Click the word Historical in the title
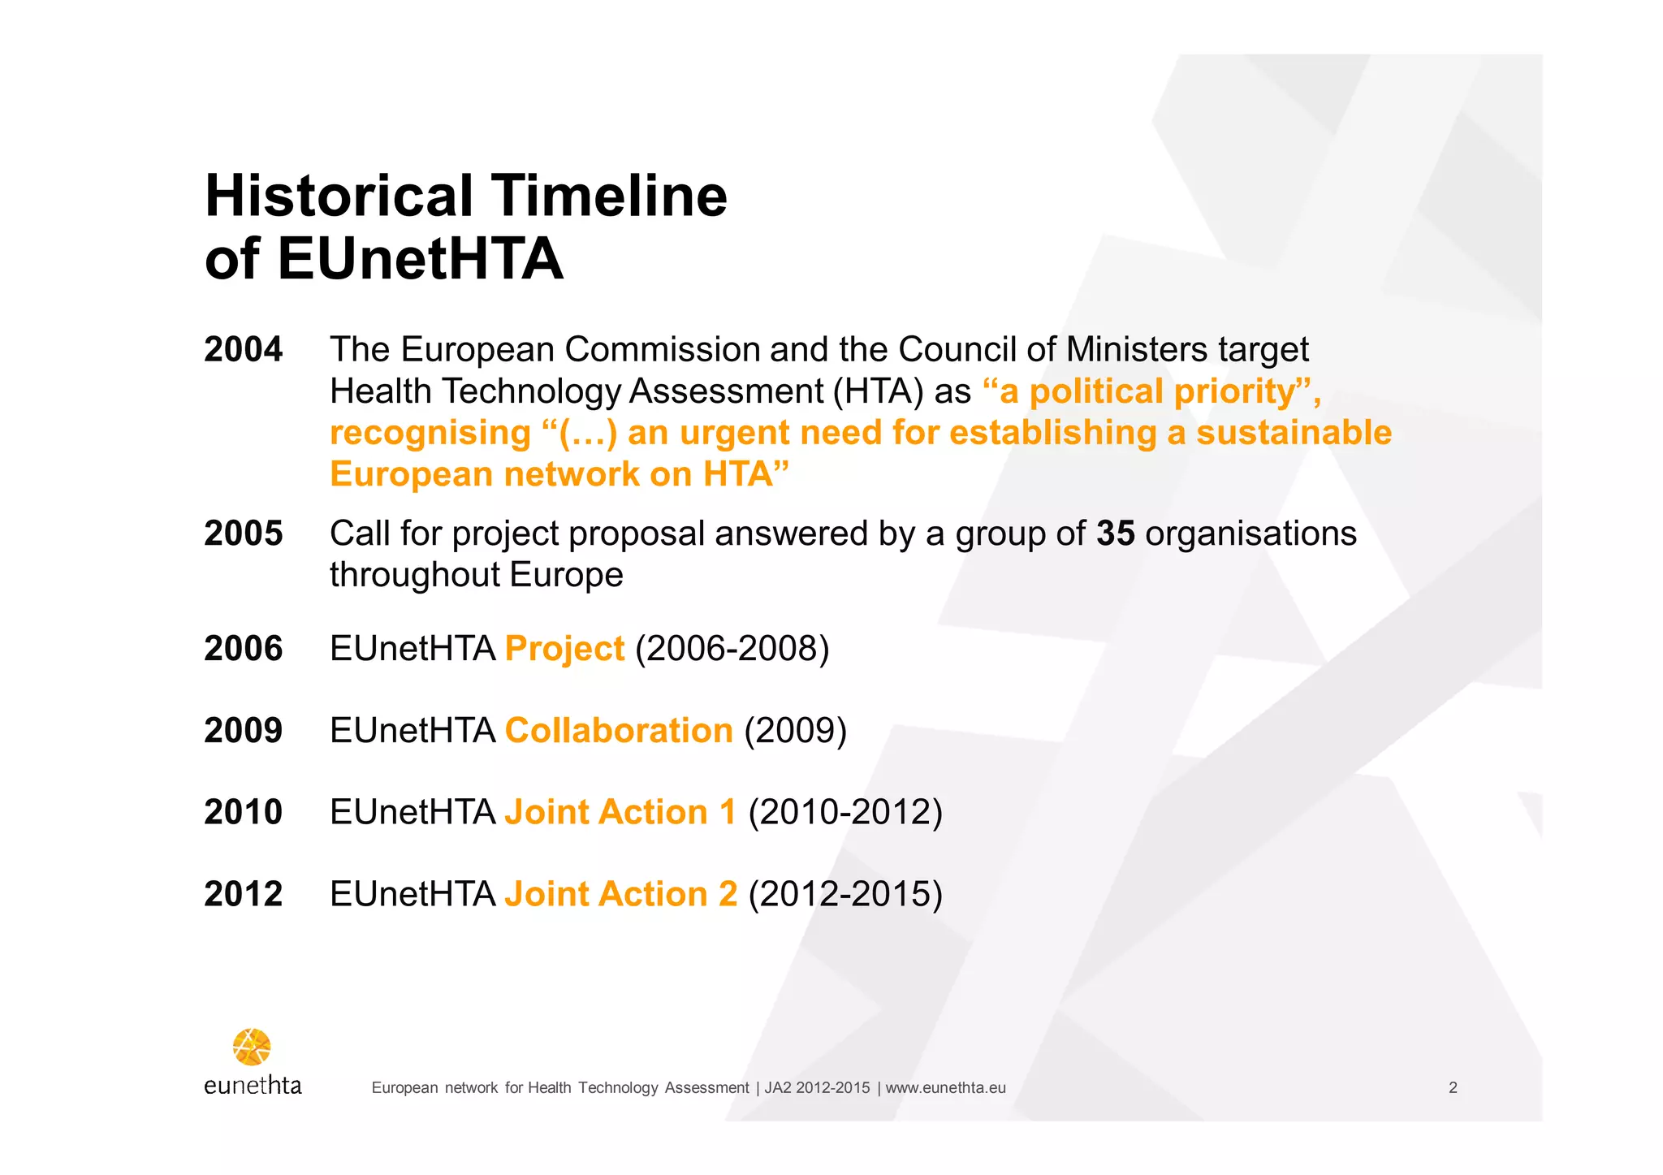(x=339, y=197)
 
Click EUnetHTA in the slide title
(x=420, y=260)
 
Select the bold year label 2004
(x=243, y=350)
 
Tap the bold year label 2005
(x=243, y=534)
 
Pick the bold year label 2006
(x=243, y=649)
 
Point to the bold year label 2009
(x=243, y=731)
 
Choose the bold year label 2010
(x=243, y=812)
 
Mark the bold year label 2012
(x=243, y=894)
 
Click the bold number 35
(x=1115, y=534)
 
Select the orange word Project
(x=564, y=649)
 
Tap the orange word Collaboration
(x=619, y=731)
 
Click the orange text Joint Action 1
(x=620, y=812)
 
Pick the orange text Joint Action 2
(x=620, y=894)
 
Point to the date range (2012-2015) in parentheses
(x=844, y=894)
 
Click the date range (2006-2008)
(x=732, y=649)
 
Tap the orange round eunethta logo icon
(x=252, y=1047)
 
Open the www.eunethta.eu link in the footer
(x=945, y=1088)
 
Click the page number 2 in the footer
(x=1453, y=1088)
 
